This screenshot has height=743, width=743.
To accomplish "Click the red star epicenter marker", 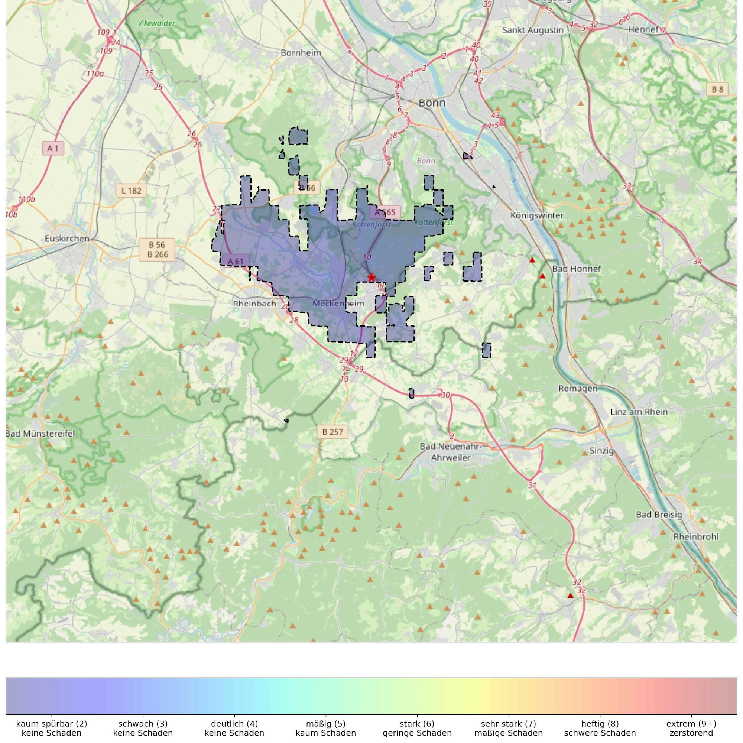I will coord(371,277).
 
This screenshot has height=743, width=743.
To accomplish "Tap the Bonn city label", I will coord(432,103).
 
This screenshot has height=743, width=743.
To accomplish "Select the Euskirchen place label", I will coord(67,239).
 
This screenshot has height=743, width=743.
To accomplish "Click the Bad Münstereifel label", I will coord(40,434).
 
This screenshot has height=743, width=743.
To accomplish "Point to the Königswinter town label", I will coord(537,215).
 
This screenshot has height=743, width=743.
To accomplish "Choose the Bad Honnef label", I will coord(576,269).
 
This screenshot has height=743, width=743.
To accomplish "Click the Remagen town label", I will coord(578,389).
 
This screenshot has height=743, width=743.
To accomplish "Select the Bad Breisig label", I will coord(659,515).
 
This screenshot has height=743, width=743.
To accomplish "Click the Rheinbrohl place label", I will coord(696,536).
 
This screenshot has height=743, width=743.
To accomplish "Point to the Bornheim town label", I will coord(301,53).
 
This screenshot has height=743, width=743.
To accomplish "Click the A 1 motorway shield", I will coord(53,148).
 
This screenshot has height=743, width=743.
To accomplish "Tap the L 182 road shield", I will coord(131,190).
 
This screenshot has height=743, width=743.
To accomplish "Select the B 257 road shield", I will coord(332,432).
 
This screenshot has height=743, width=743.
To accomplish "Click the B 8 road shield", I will coord(717,89).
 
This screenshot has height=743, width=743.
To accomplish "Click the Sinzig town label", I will coord(601,451).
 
